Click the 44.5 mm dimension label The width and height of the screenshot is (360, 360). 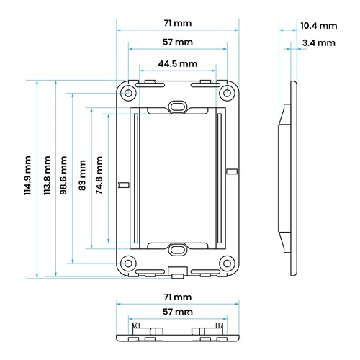178,64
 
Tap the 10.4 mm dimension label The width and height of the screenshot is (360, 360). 319,26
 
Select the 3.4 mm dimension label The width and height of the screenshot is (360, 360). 319,43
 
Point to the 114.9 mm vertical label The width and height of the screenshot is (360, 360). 27,175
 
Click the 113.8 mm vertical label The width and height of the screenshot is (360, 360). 47,175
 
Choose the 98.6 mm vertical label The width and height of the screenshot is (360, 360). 63,175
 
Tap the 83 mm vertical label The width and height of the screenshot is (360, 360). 82,175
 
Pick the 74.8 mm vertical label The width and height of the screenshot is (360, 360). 99,175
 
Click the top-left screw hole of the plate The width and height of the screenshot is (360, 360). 129,93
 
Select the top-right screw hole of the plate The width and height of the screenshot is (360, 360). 227,93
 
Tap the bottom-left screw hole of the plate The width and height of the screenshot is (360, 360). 129,264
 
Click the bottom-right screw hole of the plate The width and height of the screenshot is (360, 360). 227,264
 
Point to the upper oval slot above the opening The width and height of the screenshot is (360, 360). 178,106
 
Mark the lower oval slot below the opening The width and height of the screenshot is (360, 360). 178,250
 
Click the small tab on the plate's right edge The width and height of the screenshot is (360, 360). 232,171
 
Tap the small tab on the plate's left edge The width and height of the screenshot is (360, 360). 124,185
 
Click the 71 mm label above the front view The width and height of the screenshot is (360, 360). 178,23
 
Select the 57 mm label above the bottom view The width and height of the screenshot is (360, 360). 178,312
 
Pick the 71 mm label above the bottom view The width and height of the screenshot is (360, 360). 178,297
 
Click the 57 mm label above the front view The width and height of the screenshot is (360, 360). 178,42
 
